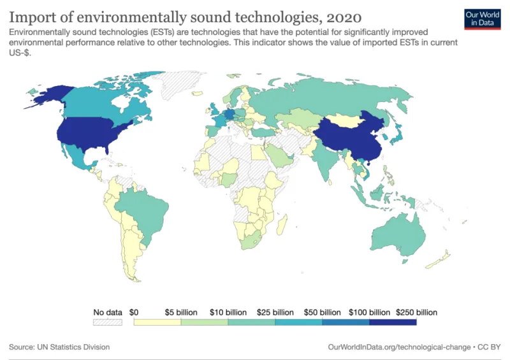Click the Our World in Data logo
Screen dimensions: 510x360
point(483,19)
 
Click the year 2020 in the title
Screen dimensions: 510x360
point(344,18)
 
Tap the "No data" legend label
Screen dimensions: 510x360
point(108,312)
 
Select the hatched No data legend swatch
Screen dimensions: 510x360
point(108,322)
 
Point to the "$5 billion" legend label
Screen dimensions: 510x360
point(181,312)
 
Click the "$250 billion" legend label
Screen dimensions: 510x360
point(416,312)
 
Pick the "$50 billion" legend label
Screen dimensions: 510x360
point(322,312)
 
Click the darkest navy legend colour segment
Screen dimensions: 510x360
point(393,322)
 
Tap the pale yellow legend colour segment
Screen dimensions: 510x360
point(157,322)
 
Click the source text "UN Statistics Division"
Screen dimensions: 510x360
point(73,347)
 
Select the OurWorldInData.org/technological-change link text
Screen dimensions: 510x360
point(399,347)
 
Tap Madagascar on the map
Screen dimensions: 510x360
point(282,225)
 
